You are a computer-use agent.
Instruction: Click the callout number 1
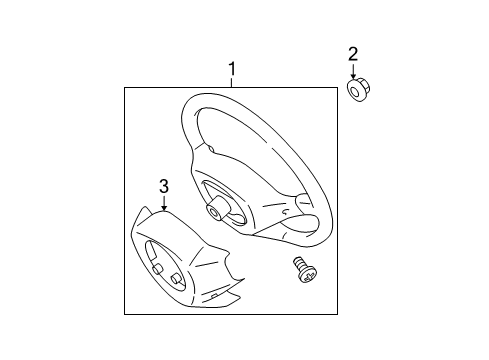232,70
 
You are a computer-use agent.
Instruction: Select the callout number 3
163,185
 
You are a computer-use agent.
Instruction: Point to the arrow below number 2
353,72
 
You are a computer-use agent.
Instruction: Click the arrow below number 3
163,204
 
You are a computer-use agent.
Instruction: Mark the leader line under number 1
232,83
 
